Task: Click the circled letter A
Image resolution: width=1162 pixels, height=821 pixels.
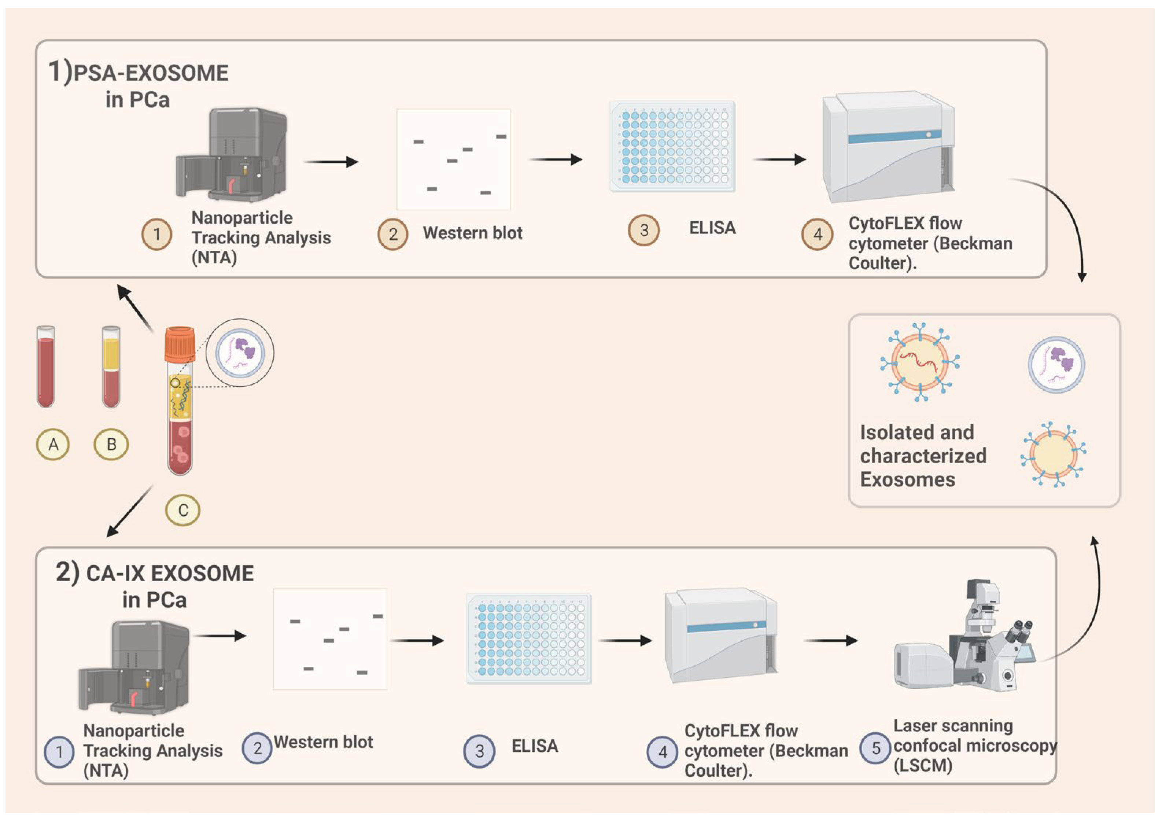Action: point(53,445)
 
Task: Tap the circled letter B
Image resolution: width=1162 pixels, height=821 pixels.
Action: point(111,445)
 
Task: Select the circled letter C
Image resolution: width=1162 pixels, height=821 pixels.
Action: point(183,510)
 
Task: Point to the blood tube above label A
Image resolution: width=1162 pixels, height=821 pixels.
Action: point(45,367)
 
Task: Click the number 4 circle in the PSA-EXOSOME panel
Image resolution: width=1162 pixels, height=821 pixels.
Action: point(817,234)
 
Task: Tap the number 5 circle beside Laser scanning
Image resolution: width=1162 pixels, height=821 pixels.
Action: point(875,748)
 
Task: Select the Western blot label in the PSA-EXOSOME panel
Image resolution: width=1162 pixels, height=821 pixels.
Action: point(473,233)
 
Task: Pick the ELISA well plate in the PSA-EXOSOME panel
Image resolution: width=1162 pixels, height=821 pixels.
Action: point(672,146)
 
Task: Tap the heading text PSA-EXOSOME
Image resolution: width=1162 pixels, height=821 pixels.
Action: point(151,73)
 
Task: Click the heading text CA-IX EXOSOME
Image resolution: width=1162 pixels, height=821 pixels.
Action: point(170,574)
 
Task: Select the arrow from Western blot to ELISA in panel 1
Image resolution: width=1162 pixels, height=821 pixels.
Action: point(556,159)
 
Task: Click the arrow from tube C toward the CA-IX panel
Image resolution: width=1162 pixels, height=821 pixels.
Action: point(130,511)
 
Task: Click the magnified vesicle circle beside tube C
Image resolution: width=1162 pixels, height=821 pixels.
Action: point(240,352)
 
